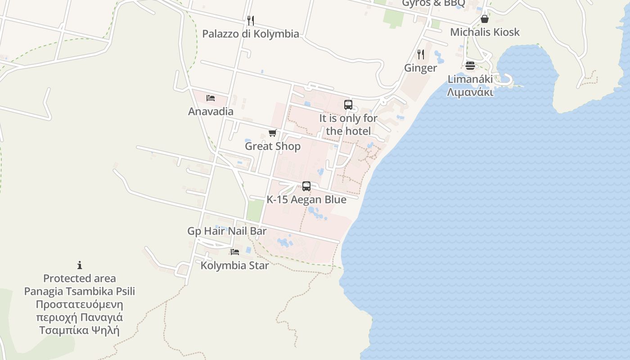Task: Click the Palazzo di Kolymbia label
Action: tap(251, 34)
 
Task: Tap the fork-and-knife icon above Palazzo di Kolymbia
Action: tap(251, 20)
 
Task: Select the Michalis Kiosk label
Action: tap(485, 32)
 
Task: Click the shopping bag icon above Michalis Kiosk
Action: tap(485, 19)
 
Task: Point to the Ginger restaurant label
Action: tap(420, 68)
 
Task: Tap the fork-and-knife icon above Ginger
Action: tap(421, 54)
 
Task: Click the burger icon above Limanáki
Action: tap(470, 66)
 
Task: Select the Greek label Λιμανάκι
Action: tap(470, 92)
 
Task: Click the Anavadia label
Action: tap(211, 112)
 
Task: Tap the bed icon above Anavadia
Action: tap(211, 98)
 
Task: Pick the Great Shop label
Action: tap(273, 146)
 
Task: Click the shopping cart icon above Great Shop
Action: tap(272, 133)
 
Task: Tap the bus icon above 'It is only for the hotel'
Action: tap(348, 105)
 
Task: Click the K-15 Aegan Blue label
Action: tap(306, 200)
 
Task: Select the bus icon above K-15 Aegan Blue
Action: tap(306, 186)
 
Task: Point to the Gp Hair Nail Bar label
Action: tap(227, 231)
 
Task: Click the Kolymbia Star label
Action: tap(234, 265)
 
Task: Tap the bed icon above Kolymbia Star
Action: tap(235, 252)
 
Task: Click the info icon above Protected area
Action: tap(80, 265)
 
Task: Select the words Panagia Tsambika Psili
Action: tap(80, 291)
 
